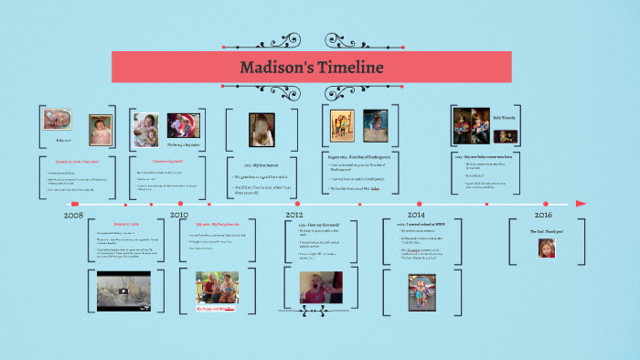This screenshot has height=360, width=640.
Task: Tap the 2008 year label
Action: pyautogui.click(x=74, y=216)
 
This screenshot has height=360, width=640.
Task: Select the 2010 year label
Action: pyautogui.click(x=179, y=216)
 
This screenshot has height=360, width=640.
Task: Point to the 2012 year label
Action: pyautogui.click(x=293, y=216)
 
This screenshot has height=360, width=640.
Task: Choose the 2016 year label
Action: pyautogui.click(x=544, y=216)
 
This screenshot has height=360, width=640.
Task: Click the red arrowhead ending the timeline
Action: pyautogui.click(x=581, y=203)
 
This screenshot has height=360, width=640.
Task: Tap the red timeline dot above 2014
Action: pyautogui.click(x=420, y=203)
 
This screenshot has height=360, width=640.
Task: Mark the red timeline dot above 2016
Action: pyautogui.click(x=547, y=203)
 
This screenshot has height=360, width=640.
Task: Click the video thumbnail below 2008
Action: pyautogui.click(x=123, y=291)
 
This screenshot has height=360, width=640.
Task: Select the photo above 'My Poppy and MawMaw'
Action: pyautogui.click(x=217, y=288)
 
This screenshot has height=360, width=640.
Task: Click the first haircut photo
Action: pyautogui.click(x=261, y=130)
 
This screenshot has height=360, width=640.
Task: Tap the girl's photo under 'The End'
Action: pyautogui.click(x=546, y=248)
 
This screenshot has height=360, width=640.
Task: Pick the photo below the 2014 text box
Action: pyautogui.click(x=421, y=291)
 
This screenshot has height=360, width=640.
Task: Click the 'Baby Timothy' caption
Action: pyautogui.click(x=505, y=118)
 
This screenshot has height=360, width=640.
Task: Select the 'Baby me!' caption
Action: pyautogui.click(x=63, y=140)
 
